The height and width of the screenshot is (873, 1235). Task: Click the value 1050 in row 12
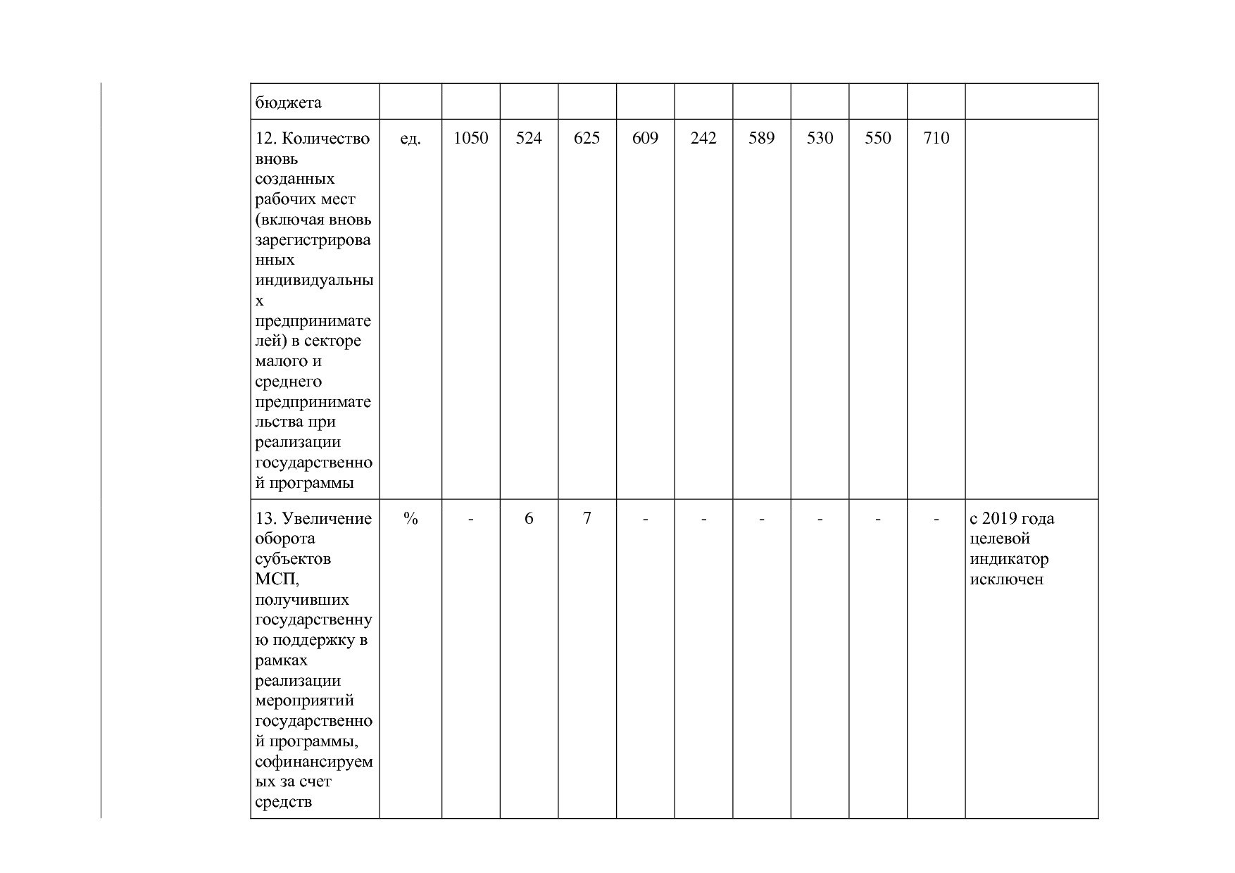(x=470, y=138)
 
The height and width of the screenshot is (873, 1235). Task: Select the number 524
(x=529, y=138)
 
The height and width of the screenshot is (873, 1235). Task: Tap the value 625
(x=587, y=138)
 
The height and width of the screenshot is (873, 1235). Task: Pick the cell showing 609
(x=645, y=138)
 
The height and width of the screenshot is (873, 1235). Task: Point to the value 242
(x=703, y=138)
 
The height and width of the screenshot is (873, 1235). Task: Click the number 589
(x=761, y=138)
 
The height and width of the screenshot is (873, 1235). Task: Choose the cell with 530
(x=820, y=138)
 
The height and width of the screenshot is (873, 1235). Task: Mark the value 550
(x=878, y=138)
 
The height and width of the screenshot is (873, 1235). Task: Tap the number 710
(x=936, y=138)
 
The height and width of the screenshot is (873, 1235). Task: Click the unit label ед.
(x=410, y=139)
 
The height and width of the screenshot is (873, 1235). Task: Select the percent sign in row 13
(x=410, y=519)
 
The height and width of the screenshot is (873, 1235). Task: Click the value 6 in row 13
(x=529, y=519)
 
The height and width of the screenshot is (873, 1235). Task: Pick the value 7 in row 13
(x=587, y=519)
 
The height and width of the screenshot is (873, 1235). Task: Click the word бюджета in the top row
(x=288, y=103)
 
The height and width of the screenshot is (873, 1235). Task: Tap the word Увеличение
(x=327, y=519)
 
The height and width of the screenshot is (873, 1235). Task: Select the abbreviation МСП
(x=276, y=579)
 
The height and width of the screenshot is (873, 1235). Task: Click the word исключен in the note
(x=1006, y=580)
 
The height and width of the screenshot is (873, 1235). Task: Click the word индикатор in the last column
(x=1009, y=560)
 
